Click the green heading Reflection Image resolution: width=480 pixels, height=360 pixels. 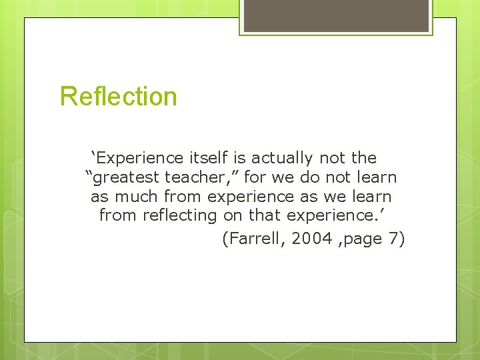pos(119,97)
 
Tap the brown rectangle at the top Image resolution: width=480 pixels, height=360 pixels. pos(336,15)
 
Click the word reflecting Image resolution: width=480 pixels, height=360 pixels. pos(177,216)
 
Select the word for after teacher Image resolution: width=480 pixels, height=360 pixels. pos(256,178)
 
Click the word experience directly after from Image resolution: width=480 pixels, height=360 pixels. pos(251,197)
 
